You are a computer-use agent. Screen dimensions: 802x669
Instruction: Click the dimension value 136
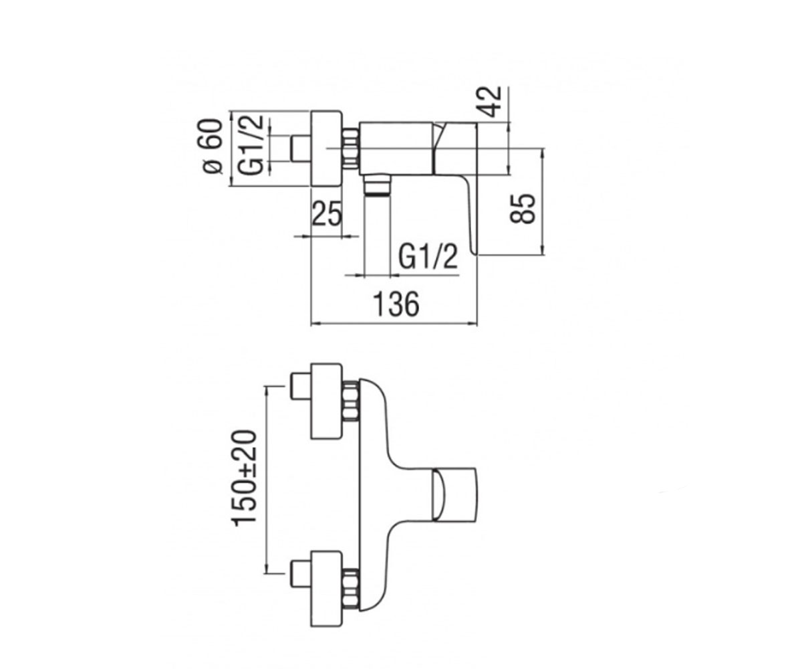[x=396, y=304]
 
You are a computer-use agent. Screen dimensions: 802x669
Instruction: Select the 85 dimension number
[x=523, y=208]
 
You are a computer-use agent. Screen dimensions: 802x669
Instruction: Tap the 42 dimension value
[x=491, y=102]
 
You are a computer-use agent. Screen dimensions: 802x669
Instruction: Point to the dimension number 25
[x=327, y=213]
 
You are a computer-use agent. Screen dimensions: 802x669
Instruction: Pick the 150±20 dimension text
[x=245, y=478]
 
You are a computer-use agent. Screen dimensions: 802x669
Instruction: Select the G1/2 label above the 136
[x=428, y=257]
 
